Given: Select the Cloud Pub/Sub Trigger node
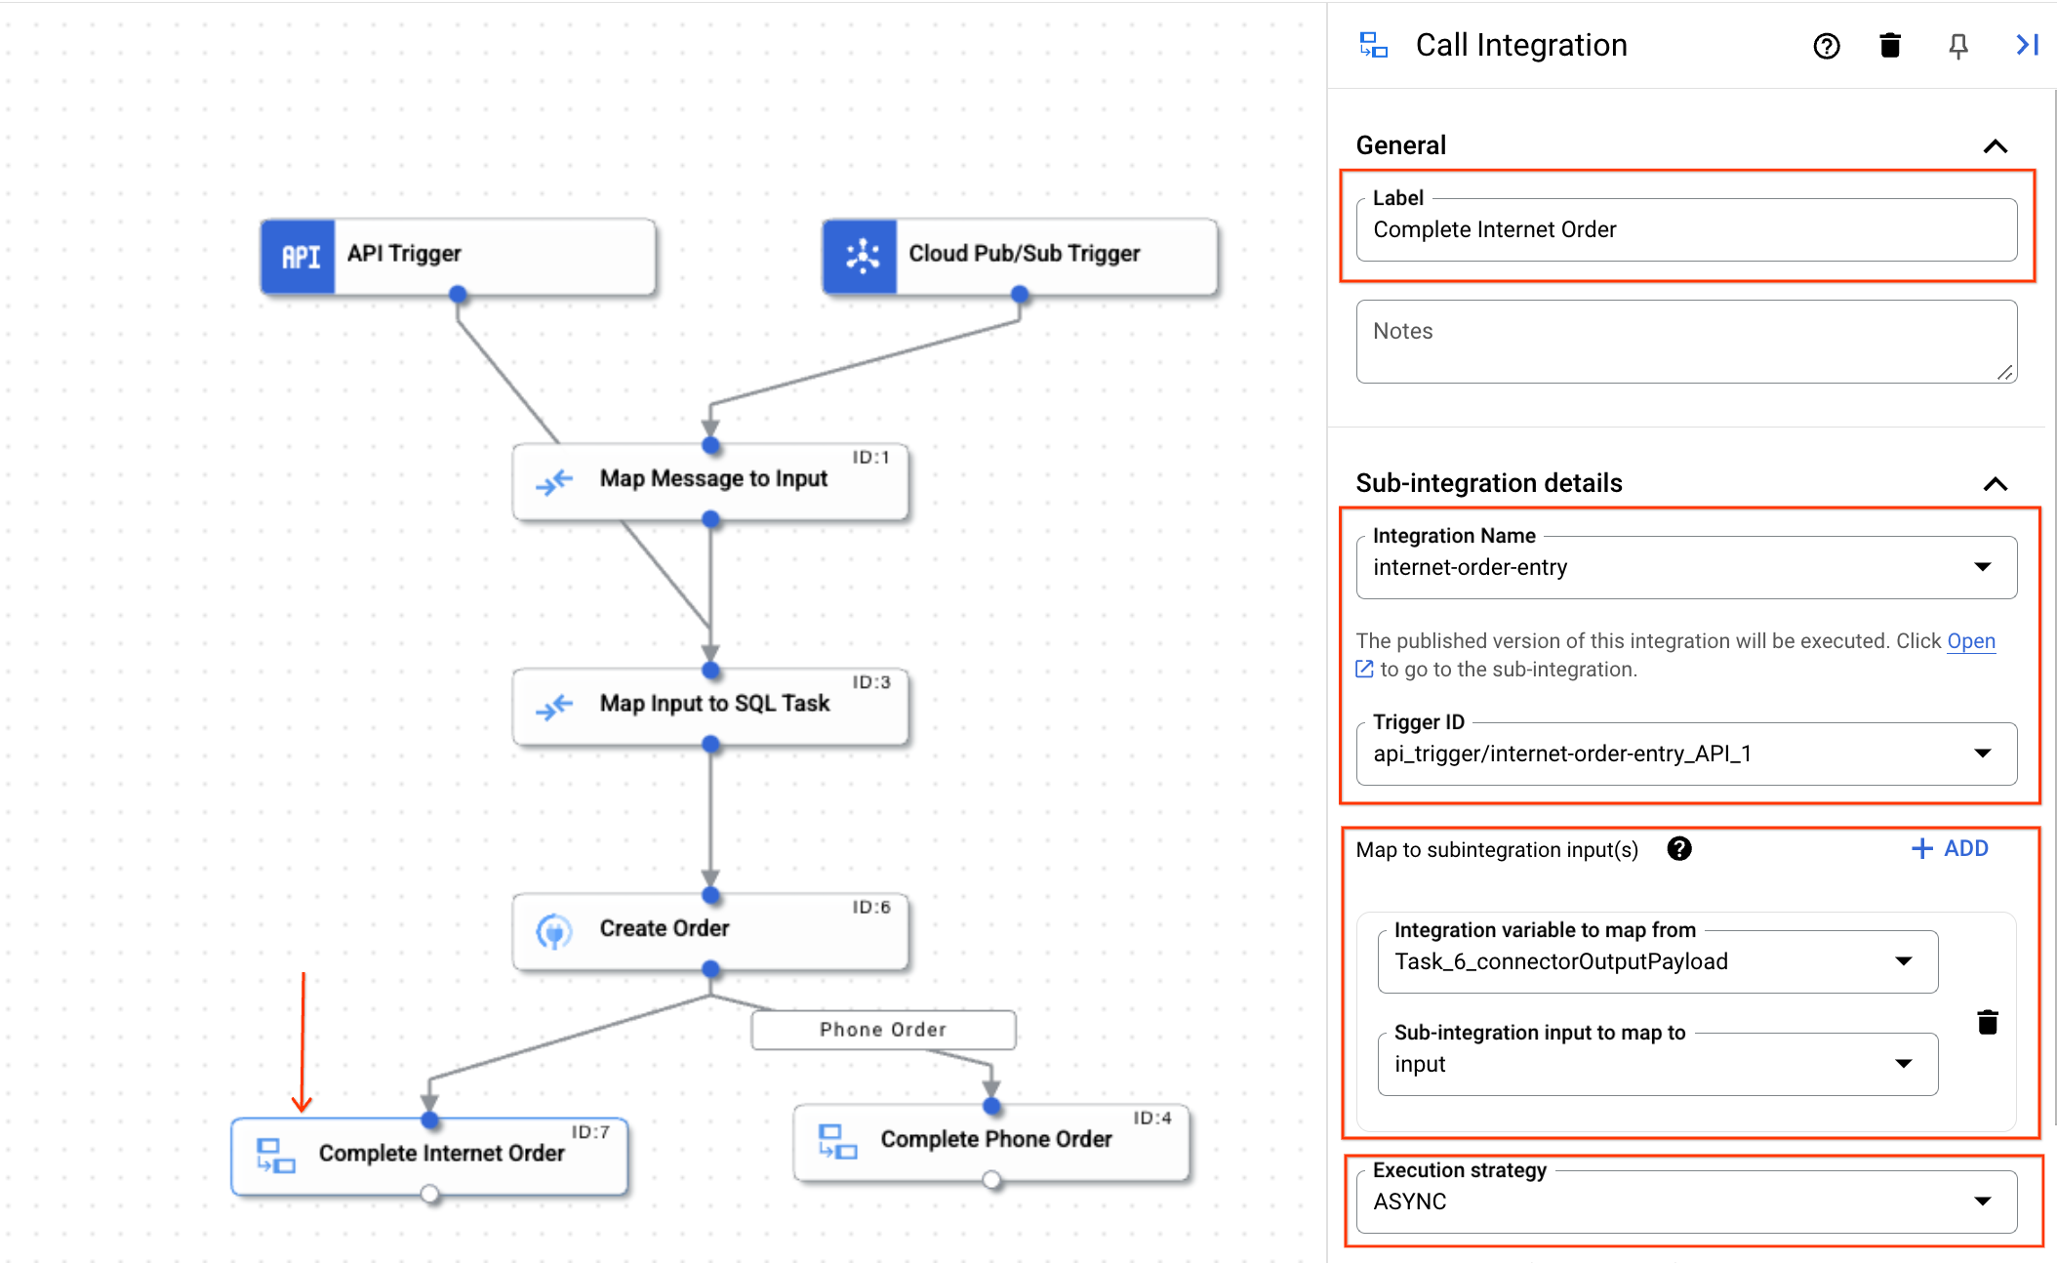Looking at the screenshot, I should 1020,255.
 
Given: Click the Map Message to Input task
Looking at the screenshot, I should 710,480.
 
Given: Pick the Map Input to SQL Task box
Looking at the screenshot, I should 710,705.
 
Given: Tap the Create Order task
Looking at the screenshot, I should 710,929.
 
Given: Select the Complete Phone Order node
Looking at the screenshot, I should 991,1140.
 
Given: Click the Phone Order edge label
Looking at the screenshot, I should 882,1030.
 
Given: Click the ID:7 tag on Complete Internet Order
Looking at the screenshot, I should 590,1132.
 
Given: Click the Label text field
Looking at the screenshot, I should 1685,230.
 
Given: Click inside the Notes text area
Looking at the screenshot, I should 1685,342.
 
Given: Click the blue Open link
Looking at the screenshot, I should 1970,641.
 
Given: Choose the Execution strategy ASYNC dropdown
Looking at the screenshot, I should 1685,1202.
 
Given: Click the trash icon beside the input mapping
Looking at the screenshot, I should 1987,1022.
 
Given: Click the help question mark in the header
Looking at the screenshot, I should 1826,46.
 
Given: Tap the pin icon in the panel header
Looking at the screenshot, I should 1957,46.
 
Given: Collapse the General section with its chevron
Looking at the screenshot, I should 1995,146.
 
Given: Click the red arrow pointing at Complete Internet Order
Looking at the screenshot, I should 302,1044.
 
